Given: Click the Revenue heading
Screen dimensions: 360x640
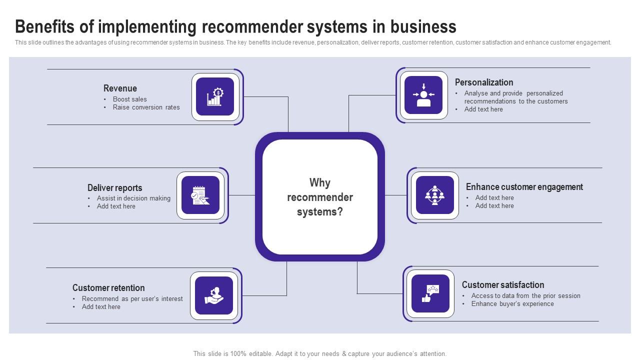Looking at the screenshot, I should point(120,88).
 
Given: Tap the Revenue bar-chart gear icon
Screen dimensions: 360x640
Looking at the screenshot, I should point(215,96).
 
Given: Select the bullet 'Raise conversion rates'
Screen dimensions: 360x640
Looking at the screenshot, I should point(146,107).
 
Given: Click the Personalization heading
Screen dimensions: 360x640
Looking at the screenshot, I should point(483,82).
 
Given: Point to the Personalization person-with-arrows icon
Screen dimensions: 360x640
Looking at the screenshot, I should point(423,95).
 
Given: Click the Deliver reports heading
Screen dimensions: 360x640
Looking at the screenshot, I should point(114,188).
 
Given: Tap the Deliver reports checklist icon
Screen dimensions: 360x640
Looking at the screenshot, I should point(200,195).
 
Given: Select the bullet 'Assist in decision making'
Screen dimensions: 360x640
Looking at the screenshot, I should point(133,198).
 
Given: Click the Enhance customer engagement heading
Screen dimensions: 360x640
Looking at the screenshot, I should point(524,187).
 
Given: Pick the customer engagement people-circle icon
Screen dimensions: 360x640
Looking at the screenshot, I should point(434,195).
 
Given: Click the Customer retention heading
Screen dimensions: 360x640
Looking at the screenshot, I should point(108,288).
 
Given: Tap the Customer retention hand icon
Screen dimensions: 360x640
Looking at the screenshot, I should point(214,295).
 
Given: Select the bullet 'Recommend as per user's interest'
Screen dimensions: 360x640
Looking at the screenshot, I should point(132,299).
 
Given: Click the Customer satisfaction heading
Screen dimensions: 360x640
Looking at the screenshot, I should point(502,285).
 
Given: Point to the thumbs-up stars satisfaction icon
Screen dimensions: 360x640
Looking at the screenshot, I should point(430,293).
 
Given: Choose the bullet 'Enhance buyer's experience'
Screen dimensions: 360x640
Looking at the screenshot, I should point(512,304).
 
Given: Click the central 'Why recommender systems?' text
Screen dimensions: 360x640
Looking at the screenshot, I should point(320,197).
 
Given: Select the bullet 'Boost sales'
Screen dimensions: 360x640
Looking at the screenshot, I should point(129,99).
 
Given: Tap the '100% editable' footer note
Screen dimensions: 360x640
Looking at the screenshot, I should point(319,353).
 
